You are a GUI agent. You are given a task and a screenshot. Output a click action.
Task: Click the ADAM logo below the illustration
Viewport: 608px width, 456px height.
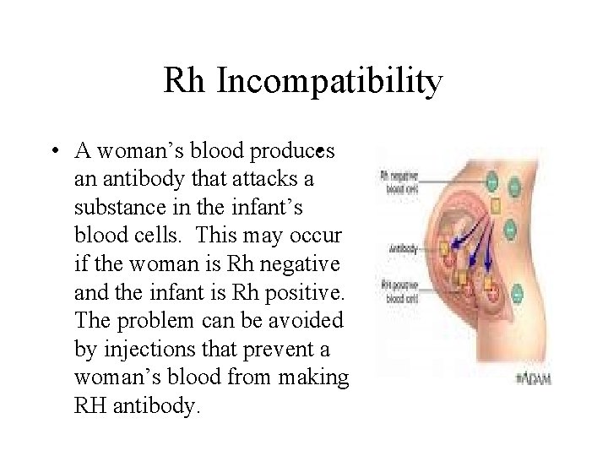(x=534, y=379)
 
